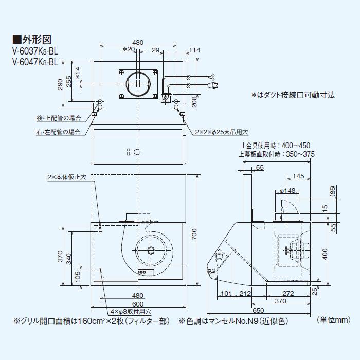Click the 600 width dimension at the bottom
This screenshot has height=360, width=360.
point(138,304)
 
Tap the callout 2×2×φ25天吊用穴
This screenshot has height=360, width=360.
point(218,132)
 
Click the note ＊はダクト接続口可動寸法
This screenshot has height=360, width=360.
point(293,95)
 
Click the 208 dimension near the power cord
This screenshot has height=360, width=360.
point(194,104)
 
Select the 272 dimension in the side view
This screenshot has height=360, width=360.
point(287,294)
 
